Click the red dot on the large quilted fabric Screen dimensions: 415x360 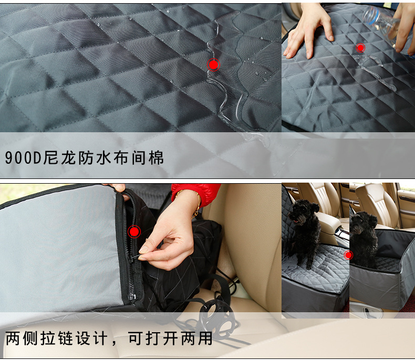click(213, 65)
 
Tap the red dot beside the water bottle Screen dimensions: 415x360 click(360, 48)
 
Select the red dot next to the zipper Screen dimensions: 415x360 click(134, 231)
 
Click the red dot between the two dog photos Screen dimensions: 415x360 click(348, 255)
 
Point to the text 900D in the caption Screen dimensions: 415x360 click(23, 158)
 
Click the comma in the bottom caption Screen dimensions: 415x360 click(115, 343)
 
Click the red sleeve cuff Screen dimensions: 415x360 click(195, 193)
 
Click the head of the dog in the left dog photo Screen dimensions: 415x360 click(302, 210)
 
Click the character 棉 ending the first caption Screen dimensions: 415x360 click(156, 158)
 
